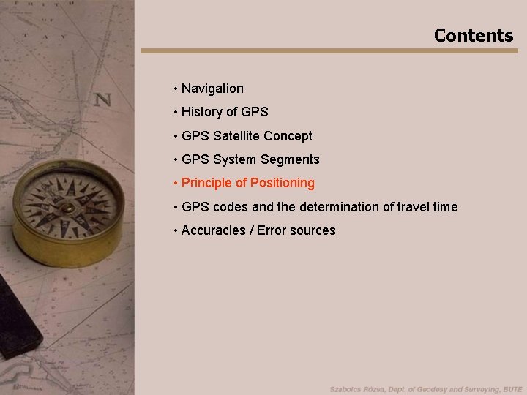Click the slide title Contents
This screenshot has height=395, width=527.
473,35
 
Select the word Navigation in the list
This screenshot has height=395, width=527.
212,89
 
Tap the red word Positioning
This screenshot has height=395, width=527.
282,183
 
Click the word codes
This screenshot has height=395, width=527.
231,207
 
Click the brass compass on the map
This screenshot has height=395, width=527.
68,211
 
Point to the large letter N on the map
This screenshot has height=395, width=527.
102,99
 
